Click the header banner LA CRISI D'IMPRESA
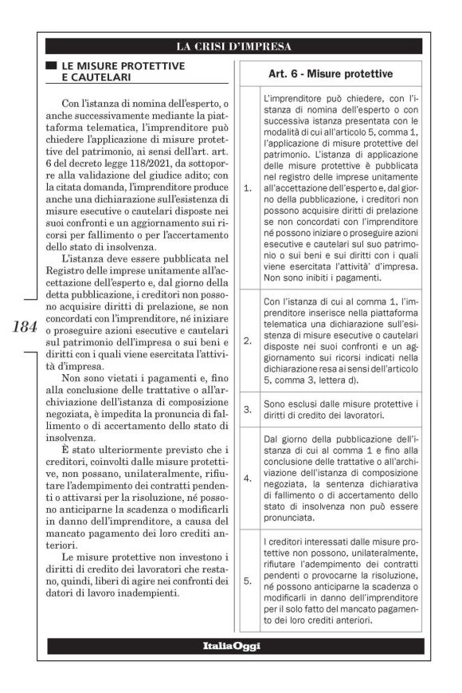click(233, 45)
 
